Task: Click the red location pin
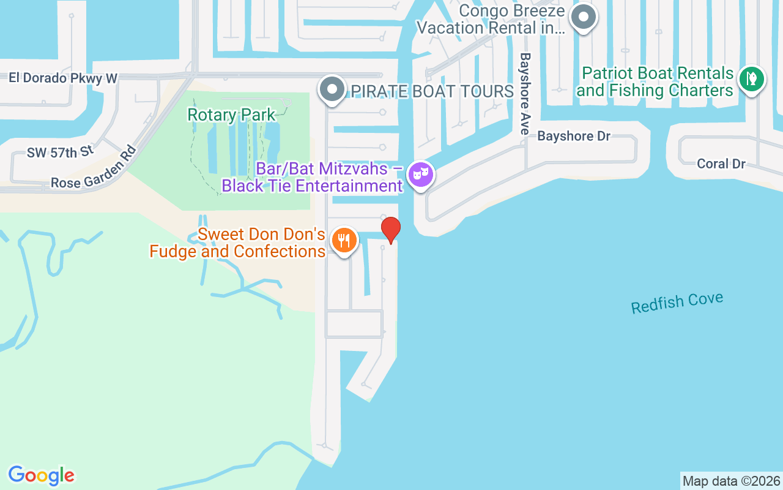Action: point(391,230)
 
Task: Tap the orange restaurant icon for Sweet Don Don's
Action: point(344,240)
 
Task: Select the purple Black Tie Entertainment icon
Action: point(421,175)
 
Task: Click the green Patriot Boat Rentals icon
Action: point(751,80)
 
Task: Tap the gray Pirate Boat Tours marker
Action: point(332,89)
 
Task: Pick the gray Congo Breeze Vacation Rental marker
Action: point(584,17)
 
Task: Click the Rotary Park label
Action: point(231,115)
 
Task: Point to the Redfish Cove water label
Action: point(677,303)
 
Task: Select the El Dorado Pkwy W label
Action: point(62,78)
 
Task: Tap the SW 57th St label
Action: point(60,152)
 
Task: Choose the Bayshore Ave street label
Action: point(524,93)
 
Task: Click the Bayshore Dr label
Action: point(574,136)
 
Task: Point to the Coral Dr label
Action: point(721,164)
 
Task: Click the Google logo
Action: point(41,475)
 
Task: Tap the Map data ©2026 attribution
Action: point(731,481)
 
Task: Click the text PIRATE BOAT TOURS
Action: point(431,92)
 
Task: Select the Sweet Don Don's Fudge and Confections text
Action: point(237,243)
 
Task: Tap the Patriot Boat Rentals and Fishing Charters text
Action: point(656,82)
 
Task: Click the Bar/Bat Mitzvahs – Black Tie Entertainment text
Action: point(312,177)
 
